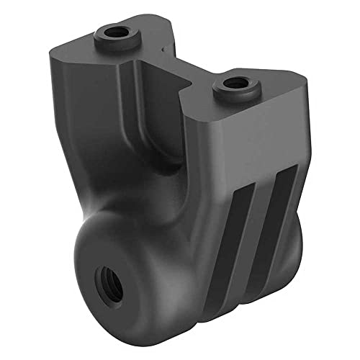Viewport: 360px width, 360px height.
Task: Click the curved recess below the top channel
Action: [162, 137]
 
